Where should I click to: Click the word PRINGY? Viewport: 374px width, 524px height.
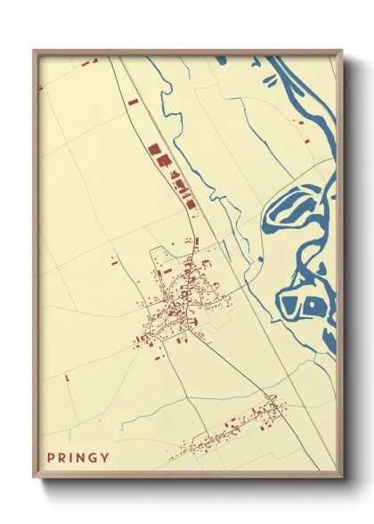coord(80,458)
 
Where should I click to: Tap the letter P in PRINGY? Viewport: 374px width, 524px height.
coord(52,458)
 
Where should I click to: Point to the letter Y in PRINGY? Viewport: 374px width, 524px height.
coord(107,458)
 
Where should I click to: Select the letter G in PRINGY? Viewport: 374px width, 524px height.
coord(95,458)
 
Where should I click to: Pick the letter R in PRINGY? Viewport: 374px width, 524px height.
coord(63,458)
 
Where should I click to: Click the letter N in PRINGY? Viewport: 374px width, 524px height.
coord(83,458)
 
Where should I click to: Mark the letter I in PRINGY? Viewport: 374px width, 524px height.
coord(73,458)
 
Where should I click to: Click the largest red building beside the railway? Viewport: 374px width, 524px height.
coord(153,151)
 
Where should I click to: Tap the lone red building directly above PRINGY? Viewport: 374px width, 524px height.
coord(67,378)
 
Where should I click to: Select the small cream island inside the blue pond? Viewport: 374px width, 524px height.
coord(313,305)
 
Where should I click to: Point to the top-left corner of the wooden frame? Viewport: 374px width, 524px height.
coord(35,52)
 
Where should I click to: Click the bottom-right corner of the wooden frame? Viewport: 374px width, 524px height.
coord(341,478)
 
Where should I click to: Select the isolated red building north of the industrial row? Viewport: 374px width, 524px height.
coord(133,102)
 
